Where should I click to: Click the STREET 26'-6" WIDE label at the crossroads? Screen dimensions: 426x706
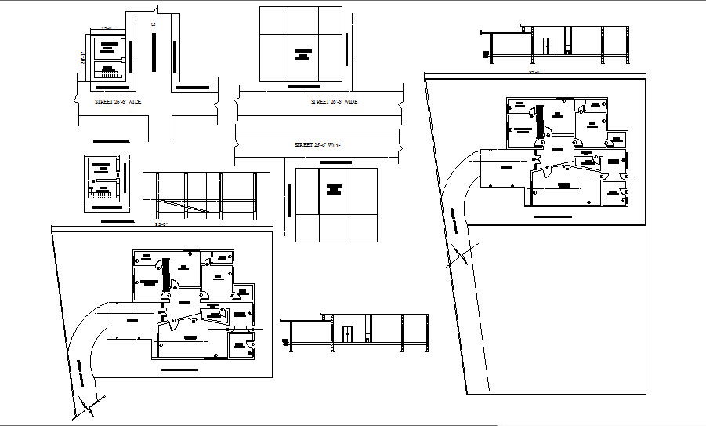click(x=103, y=102)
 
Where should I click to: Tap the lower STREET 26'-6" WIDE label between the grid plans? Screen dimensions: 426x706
click(x=317, y=145)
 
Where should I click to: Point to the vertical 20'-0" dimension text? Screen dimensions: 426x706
click(x=81, y=58)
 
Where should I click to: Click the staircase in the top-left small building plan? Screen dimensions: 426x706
click(x=105, y=72)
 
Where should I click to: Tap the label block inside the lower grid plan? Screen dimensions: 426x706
click(x=335, y=189)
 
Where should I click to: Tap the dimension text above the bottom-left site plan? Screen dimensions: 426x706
click(x=161, y=226)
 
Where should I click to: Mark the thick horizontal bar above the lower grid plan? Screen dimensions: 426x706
click(x=336, y=162)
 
